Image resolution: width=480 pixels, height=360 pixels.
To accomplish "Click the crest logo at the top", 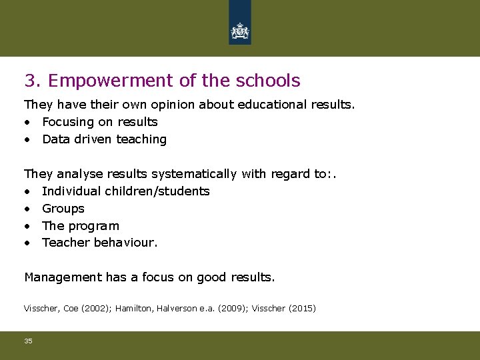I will (x=239, y=31).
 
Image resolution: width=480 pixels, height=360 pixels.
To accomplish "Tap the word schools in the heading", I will (x=268, y=81).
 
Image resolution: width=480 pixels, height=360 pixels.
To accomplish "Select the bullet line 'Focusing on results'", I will (x=99, y=122).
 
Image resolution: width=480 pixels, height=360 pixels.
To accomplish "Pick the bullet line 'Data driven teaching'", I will (x=104, y=139).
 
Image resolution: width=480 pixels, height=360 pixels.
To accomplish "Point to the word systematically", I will (x=194, y=174).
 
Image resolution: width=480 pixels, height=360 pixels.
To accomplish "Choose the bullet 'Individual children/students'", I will (x=125, y=191).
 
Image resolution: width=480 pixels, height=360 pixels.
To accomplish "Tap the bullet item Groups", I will (x=63, y=209).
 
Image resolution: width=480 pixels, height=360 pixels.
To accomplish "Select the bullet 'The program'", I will (x=80, y=226).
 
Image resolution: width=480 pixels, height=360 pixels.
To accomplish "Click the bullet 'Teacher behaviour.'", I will (x=99, y=243).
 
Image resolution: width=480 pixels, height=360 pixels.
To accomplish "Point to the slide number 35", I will (x=28, y=341).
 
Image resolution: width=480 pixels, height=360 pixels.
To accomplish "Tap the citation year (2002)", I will (x=96, y=309).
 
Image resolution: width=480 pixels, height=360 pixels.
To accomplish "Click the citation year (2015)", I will (x=301, y=309).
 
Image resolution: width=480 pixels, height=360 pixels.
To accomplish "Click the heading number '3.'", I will (x=33, y=81).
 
